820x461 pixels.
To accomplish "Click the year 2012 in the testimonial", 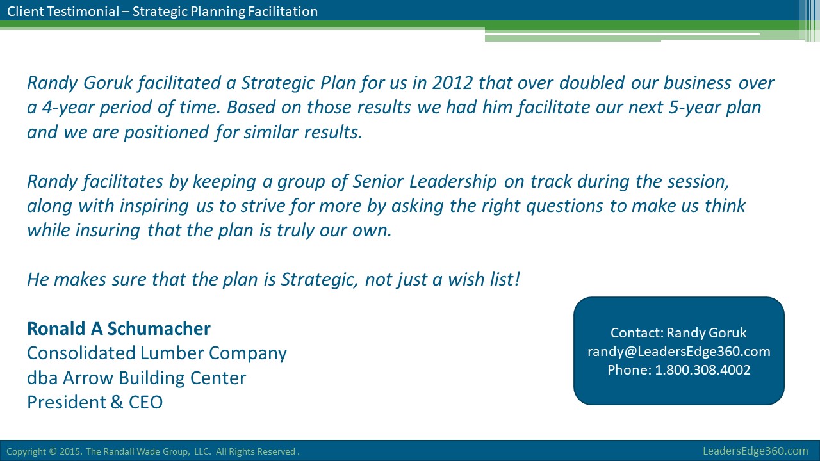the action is tap(452, 83).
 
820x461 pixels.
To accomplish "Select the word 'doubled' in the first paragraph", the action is tap(591, 83).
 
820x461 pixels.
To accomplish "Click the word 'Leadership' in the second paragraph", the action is tap(452, 181).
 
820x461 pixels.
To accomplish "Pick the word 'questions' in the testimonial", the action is tap(564, 206).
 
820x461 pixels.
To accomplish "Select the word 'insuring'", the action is tap(107, 230).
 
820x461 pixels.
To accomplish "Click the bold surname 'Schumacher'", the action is tap(158, 328).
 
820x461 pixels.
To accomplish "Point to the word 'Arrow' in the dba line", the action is tap(88, 378).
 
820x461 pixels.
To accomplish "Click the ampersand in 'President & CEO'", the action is tap(116, 403).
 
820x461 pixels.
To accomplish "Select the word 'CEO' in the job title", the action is tap(145, 403).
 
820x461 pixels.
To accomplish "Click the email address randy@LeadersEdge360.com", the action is tap(678, 352).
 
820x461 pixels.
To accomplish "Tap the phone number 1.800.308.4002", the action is tap(703, 370).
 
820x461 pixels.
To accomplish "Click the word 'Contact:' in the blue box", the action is tap(637, 332).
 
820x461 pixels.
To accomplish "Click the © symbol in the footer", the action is tap(53, 451).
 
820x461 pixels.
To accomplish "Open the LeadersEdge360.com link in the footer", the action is tap(755, 451).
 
